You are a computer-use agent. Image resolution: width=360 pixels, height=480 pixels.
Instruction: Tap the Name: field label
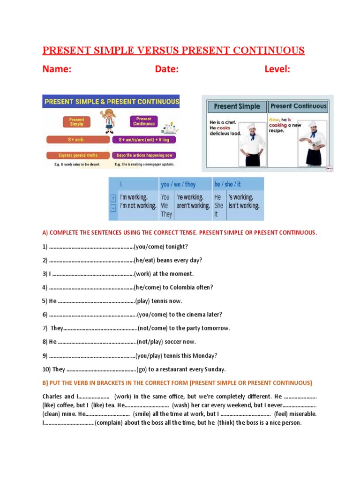point(57,69)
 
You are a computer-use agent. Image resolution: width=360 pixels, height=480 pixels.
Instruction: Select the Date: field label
point(167,69)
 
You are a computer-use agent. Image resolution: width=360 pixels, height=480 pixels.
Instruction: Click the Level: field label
point(277,69)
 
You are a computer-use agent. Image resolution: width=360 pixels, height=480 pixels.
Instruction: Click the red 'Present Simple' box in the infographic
point(76,122)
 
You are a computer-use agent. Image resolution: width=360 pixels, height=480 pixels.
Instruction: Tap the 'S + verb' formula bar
point(77,140)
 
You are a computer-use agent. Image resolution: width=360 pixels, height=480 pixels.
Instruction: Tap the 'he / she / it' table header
point(228,184)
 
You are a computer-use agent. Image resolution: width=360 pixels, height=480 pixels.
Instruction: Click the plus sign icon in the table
point(113,198)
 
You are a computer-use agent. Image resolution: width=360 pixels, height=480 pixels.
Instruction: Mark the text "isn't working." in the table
point(244,206)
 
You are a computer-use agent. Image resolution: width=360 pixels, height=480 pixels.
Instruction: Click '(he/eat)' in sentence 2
point(144,260)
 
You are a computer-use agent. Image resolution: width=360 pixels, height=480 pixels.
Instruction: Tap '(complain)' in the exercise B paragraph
point(112,423)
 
